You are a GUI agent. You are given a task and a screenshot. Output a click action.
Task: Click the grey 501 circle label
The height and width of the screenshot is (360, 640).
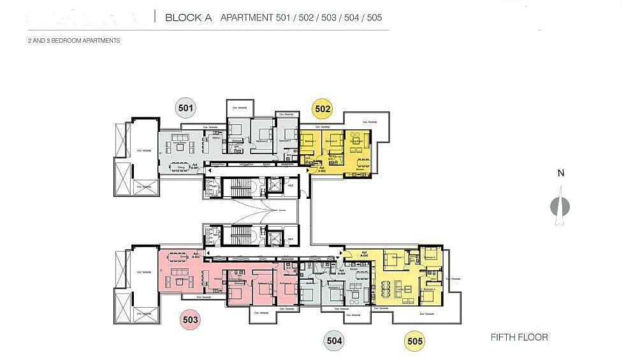(x=185, y=108)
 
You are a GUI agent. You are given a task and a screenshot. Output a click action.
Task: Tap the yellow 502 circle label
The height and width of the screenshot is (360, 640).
(x=323, y=109)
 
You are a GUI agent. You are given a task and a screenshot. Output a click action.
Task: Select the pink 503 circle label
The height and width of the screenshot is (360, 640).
(x=190, y=320)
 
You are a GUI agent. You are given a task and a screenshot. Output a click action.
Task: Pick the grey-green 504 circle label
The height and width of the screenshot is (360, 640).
(x=334, y=341)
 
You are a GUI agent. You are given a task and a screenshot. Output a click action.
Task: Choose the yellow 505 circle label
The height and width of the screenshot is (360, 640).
(x=414, y=341)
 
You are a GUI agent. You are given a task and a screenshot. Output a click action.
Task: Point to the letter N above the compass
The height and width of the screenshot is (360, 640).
(x=560, y=173)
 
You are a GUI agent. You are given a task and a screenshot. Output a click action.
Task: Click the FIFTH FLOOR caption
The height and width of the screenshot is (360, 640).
(x=519, y=337)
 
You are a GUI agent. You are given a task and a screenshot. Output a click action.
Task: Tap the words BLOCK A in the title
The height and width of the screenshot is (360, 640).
(x=188, y=17)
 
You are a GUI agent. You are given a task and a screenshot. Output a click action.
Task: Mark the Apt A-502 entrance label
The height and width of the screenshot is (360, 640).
(x=323, y=168)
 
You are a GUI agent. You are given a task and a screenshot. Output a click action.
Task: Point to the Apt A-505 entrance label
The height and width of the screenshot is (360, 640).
(x=365, y=254)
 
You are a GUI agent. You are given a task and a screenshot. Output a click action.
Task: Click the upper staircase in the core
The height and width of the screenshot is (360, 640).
(x=242, y=187)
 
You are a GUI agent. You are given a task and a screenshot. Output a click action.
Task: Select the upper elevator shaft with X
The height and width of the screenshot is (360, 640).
(x=275, y=185)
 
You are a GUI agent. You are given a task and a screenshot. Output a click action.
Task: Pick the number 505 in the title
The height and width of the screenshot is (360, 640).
(x=374, y=17)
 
